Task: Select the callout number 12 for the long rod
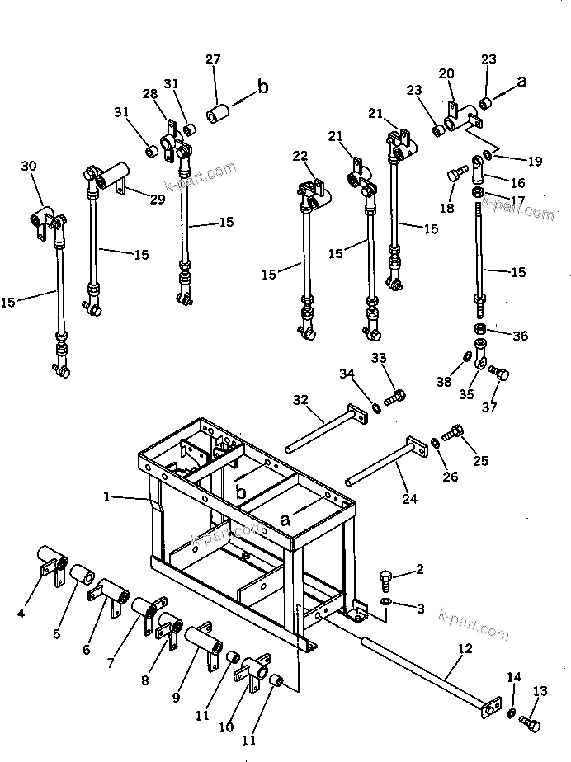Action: click(x=465, y=648)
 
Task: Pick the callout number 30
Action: click(x=29, y=167)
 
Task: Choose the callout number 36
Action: click(x=519, y=336)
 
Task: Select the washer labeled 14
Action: click(x=512, y=713)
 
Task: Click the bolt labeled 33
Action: click(x=397, y=397)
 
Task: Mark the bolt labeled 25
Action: click(x=454, y=431)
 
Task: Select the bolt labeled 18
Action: click(x=454, y=175)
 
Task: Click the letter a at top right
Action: click(x=521, y=82)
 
